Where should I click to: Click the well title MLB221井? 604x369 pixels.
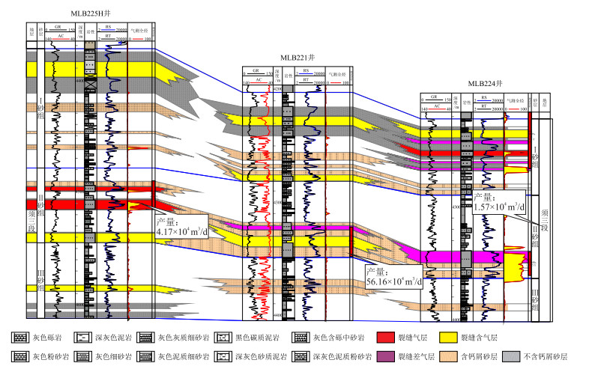coord(298,57)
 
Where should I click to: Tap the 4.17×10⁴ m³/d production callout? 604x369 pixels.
coord(181,227)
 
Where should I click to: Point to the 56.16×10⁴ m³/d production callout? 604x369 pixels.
coord(389,277)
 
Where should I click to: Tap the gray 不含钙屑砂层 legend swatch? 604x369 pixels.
coord(512,357)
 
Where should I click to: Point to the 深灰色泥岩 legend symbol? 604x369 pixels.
coord(85,338)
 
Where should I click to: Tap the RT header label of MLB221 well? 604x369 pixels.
coord(306,79)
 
